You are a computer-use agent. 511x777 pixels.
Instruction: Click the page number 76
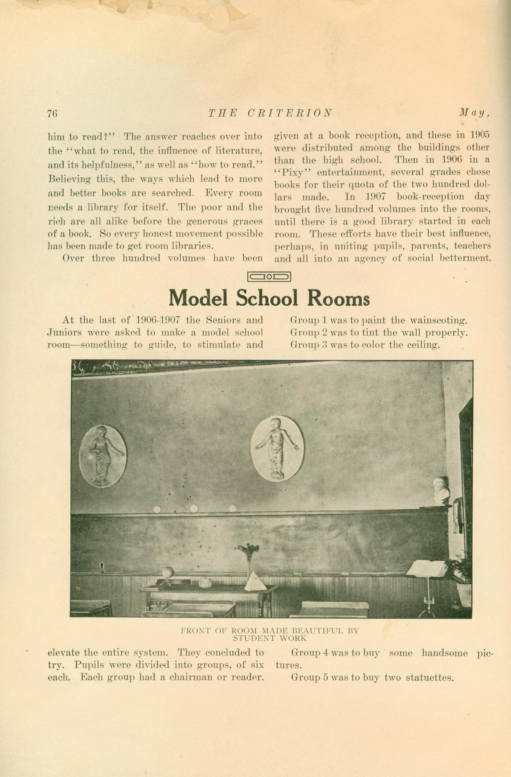52,113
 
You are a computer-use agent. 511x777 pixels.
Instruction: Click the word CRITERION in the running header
290,113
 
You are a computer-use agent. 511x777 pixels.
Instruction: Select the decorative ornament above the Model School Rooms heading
269,277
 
